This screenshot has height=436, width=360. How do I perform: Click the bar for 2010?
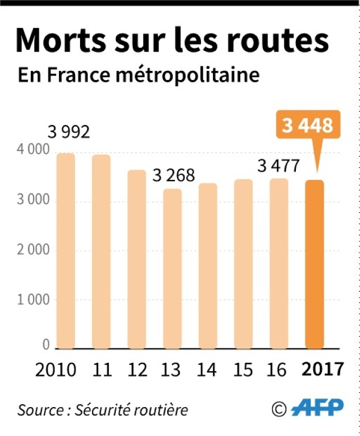65,250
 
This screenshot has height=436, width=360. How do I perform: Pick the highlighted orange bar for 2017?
315,263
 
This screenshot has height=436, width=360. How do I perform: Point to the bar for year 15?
243,263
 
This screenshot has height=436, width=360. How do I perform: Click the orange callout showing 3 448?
307,125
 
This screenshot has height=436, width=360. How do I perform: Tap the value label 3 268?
173,175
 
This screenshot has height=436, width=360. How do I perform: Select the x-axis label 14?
207,370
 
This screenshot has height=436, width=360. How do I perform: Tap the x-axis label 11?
102,370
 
